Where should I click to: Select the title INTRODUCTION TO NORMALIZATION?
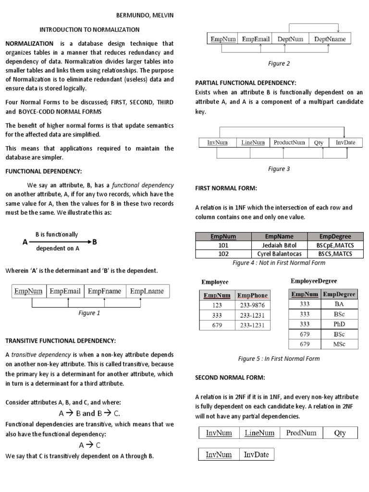[89, 29]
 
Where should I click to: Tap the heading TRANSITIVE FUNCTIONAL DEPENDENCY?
[60, 341]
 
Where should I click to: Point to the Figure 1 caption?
[89, 313]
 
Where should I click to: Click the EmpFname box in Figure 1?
[104, 291]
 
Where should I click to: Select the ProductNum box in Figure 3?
[289, 143]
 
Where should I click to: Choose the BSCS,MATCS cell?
[335, 254]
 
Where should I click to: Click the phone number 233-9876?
[252, 305]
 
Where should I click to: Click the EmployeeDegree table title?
[314, 281]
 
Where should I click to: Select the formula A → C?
[89, 445]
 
